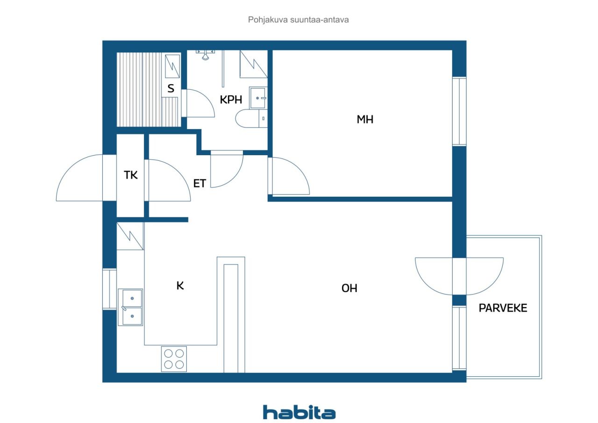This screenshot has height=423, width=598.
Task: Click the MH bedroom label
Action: pos(365,119)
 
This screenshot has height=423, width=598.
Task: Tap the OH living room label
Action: pos(349,288)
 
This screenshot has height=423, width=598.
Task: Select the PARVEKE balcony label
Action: pos(503,308)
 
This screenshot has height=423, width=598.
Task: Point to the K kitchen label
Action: pos(180,286)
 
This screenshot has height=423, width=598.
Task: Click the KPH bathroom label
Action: pos(231,100)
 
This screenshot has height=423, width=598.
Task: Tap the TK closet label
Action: pos(131,175)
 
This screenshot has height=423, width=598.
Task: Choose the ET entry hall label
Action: pos(199,184)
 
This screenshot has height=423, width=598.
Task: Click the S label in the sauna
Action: pos(171,88)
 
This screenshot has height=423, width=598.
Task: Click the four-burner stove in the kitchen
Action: pos(174,359)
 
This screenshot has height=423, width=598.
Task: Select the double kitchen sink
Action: pos(130,307)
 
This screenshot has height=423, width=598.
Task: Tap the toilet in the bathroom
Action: pos(251,118)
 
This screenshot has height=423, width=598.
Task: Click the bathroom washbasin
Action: pos(258,98)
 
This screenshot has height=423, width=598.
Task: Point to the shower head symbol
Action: pos(205,55)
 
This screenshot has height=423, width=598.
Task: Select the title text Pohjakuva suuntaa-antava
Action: pos(298,20)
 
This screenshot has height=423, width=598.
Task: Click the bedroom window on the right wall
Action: pos(459,111)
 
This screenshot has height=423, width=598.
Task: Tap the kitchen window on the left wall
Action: pos(109,289)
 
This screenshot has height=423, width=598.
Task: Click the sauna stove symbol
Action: pos(172,66)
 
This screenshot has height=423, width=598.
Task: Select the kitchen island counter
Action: pos(231,315)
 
